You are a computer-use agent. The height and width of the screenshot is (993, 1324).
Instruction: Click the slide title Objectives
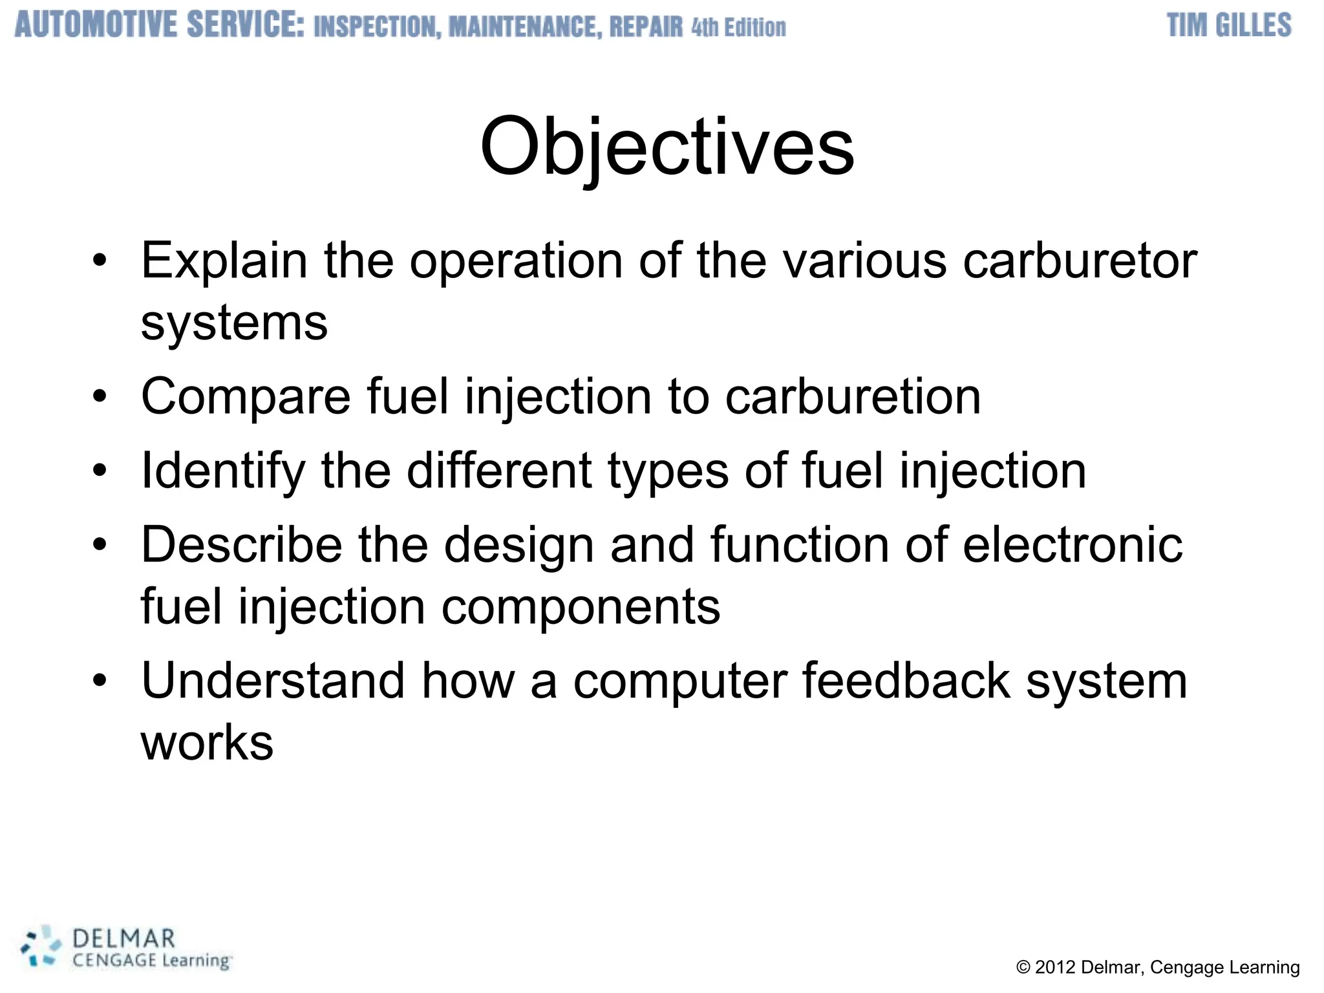click(x=667, y=147)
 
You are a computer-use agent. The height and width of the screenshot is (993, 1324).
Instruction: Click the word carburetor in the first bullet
click(x=1079, y=261)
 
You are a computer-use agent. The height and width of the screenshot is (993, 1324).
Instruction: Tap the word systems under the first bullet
click(x=234, y=323)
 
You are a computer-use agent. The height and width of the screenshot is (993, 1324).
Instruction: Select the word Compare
click(x=246, y=397)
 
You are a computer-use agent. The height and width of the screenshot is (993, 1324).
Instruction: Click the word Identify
click(x=223, y=471)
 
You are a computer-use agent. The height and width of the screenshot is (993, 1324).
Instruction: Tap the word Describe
click(x=241, y=545)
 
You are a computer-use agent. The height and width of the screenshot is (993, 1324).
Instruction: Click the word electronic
click(x=1073, y=545)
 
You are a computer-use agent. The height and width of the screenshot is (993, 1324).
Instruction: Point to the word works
click(x=207, y=743)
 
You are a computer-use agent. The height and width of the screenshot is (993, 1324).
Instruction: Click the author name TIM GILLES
click(x=1228, y=26)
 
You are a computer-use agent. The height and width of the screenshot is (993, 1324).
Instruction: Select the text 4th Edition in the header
click(x=738, y=28)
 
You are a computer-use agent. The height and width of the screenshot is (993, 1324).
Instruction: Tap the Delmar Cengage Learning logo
click(x=127, y=948)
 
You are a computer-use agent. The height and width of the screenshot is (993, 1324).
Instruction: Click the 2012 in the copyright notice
click(x=1055, y=967)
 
